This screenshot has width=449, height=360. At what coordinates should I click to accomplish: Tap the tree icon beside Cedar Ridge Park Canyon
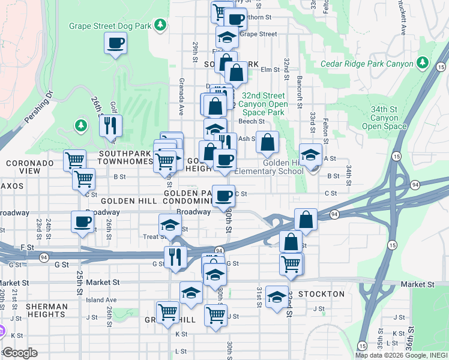[423, 63]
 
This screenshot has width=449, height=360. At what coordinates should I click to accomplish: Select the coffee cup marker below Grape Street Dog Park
[115, 43]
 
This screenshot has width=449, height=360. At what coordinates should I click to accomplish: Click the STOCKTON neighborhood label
[321, 294]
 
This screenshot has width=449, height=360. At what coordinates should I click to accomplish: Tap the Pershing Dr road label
[39, 109]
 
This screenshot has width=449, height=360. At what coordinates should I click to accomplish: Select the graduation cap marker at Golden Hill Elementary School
[310, 155]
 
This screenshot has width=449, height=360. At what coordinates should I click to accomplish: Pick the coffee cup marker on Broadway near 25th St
[82, 222]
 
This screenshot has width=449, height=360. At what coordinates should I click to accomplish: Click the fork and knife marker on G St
[175, 257]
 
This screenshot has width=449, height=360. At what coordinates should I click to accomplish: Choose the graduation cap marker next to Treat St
[170, 225]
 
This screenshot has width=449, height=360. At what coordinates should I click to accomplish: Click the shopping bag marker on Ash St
[267, 142]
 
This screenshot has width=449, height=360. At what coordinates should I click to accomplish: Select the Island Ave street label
[101, 299]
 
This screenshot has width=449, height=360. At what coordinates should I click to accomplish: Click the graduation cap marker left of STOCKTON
[276, 296]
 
